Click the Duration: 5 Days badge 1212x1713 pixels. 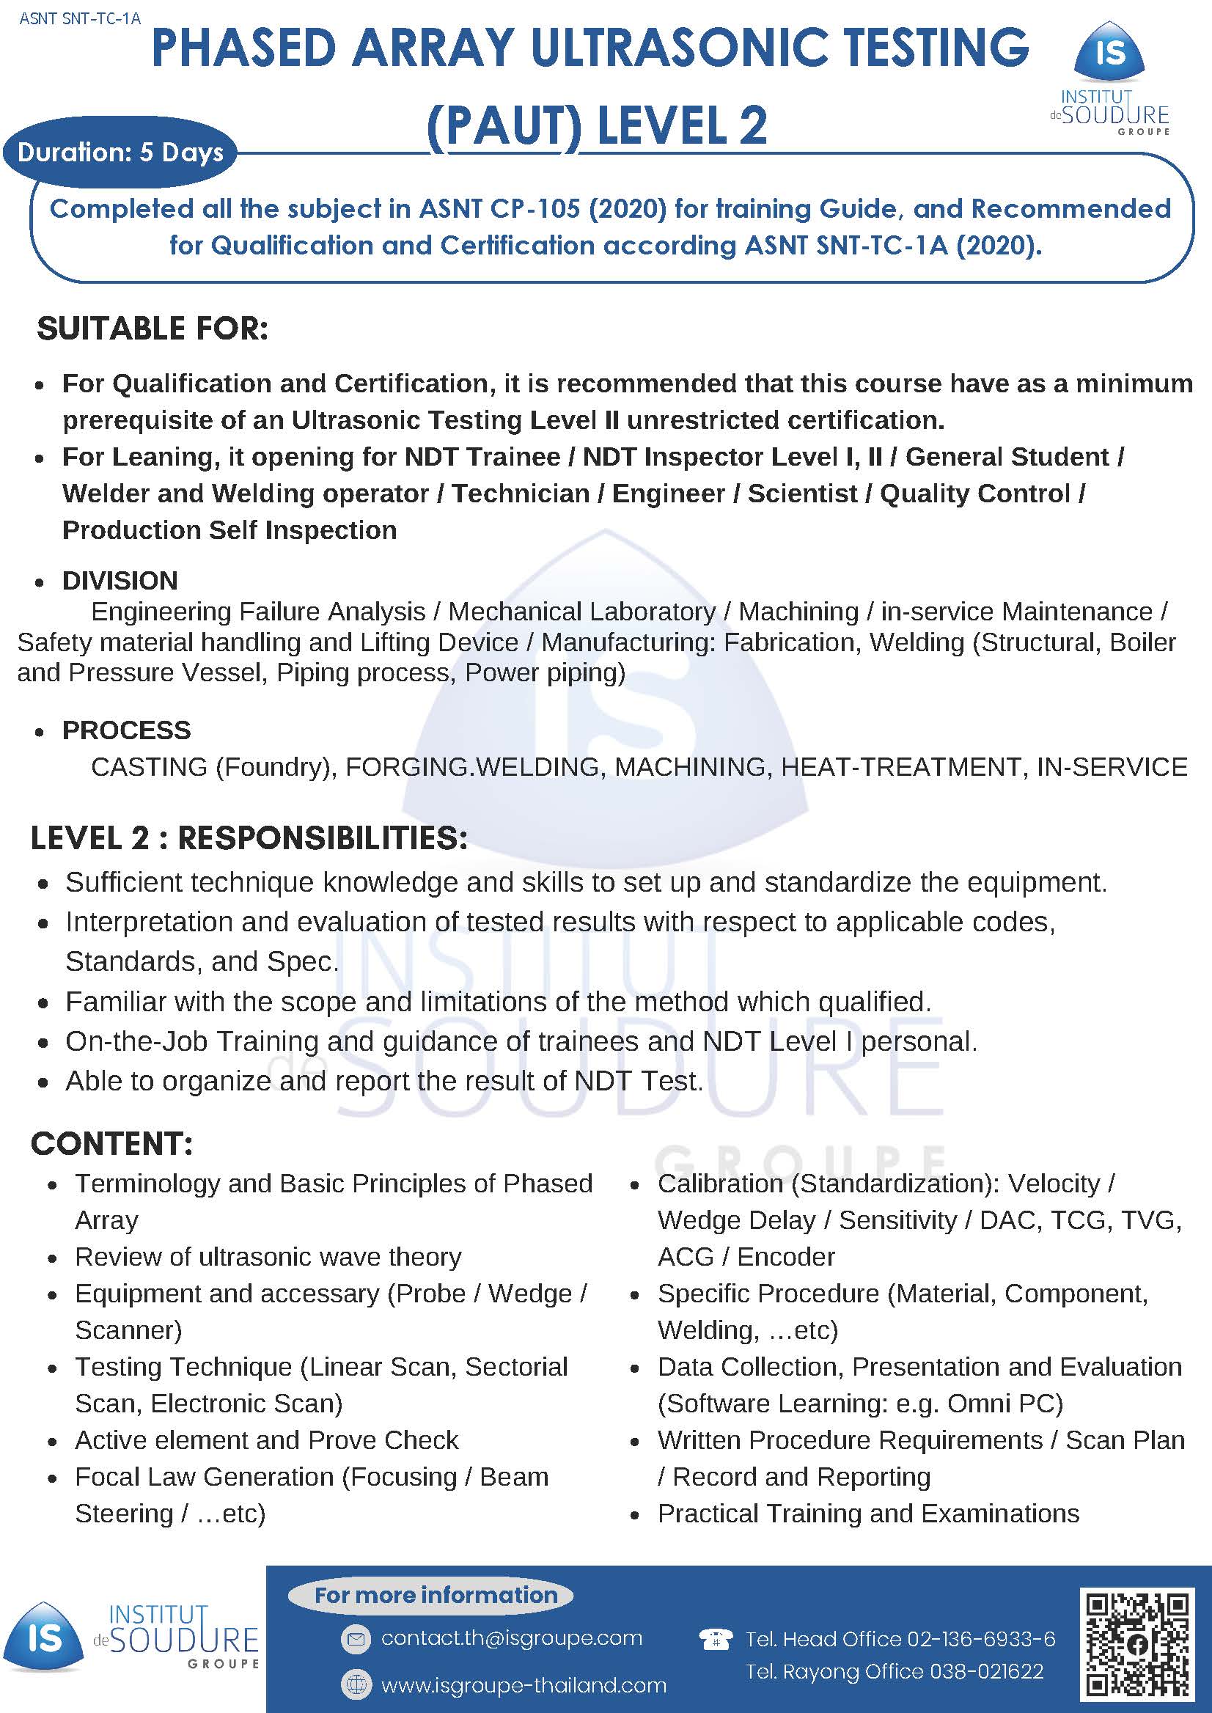120,153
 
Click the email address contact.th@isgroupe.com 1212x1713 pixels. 511,1637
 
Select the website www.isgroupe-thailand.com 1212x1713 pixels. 524,1684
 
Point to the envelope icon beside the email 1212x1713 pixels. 356,1638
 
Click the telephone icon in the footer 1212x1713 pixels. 714,1639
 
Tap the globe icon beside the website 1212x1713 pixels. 356,1684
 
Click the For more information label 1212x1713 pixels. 436,1594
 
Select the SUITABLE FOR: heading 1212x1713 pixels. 153,329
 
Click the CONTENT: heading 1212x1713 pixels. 112,1143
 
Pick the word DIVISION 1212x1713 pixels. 120,580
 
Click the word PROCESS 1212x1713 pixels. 126,729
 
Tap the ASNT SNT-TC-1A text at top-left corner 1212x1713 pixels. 80,18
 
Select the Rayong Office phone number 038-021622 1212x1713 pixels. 987,1671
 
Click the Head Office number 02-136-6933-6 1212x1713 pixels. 980,1638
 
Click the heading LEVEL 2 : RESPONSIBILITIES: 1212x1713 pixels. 249,837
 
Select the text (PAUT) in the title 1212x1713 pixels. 504,125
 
